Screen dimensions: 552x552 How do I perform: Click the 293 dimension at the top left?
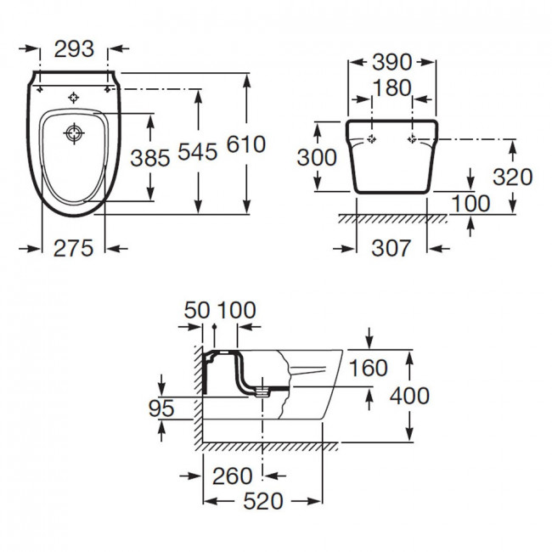tap(74, 48)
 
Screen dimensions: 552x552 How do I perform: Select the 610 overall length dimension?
tap(245, 144)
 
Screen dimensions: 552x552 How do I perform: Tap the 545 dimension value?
tap(198, 152)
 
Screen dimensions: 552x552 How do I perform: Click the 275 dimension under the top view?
tap(73, 248)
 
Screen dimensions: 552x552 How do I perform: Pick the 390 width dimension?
tap(391, 62)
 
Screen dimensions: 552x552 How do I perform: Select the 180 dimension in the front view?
tap(391, 87)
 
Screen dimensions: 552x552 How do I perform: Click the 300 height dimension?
tap(317, 157)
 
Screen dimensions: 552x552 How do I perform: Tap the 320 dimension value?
tap(513, 177)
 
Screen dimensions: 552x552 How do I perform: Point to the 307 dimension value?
tap(391, 248)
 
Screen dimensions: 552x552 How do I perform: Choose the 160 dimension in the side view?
tap(368, 368)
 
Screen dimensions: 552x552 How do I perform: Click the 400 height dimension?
tap(409, 396)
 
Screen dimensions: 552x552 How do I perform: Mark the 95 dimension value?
tap(161, 408)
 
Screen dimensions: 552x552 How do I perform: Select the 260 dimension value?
tap(233, 476)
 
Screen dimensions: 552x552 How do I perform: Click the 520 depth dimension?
tap(263, 501)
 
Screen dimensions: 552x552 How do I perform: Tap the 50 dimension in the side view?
tap(197, 310)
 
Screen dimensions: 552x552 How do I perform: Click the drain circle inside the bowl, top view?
tap(74, 133)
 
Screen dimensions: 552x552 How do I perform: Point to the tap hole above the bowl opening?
tap(74, 98)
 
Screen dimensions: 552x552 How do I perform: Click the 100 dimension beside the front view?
tap(470, 204)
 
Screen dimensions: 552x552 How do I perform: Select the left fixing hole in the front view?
tap(372, 139)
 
